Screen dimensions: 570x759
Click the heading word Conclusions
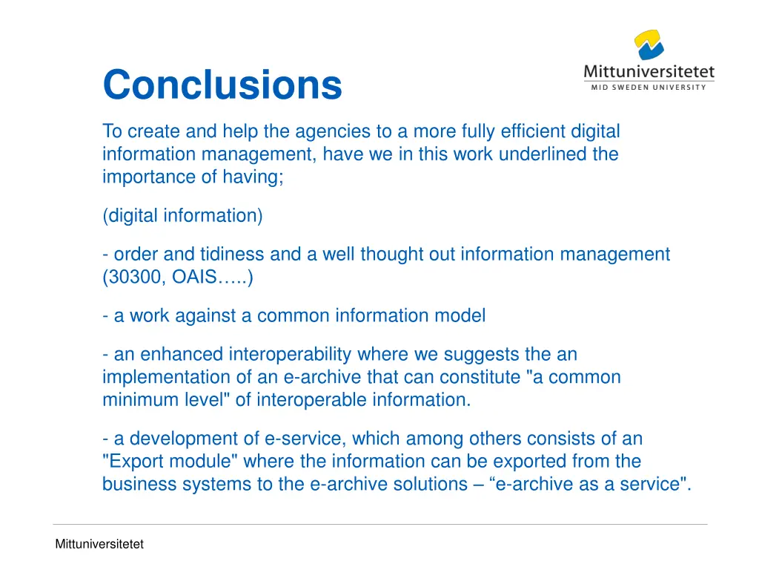click(x=222, y=85)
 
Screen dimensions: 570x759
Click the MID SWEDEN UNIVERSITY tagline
click(x=649, y=87)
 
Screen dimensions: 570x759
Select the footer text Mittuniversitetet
click(x=99, y=544)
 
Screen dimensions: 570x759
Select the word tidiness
click(x=235, y=255)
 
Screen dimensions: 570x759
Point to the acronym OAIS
click(x=194, y=278)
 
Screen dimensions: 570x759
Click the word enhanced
click(x=182, y=354)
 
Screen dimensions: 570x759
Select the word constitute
click(x=479, y=377)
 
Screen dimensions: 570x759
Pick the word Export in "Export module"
click(x=136, y=462)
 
